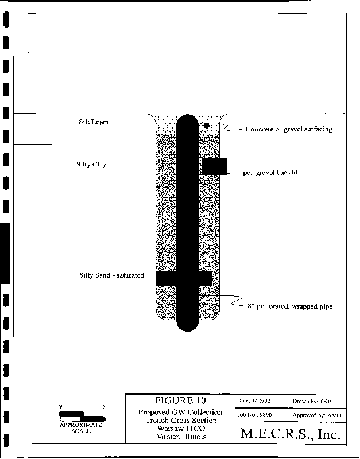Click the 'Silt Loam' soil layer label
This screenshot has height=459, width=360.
point(93,122)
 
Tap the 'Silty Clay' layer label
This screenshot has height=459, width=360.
point(91,165)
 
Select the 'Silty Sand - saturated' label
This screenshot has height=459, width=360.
point(111,275)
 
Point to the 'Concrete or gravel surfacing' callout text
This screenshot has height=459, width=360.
point(289,129)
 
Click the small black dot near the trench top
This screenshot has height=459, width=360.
point(206,125)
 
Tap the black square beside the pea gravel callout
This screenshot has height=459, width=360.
point(215,166)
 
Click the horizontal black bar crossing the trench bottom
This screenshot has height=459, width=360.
point(184,278)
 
